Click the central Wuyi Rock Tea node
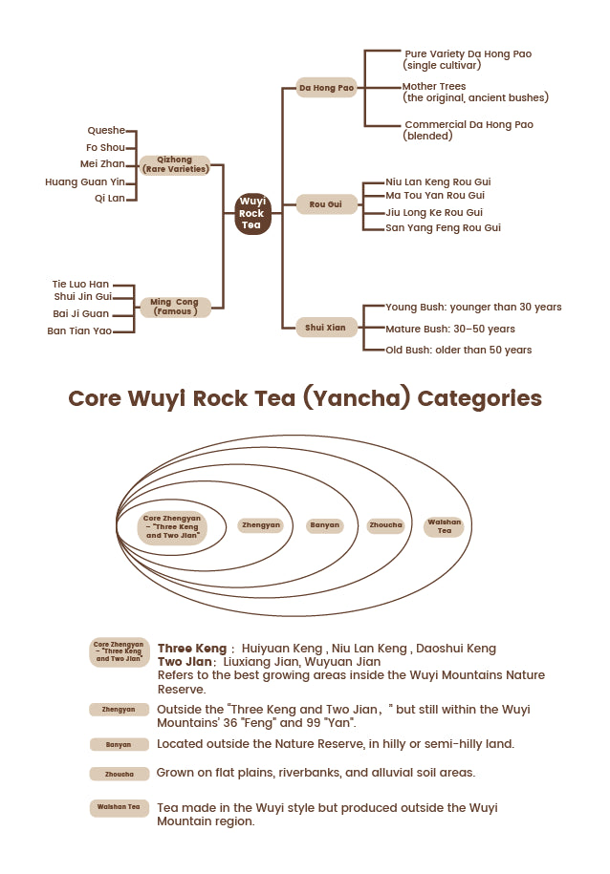tap(252, 213)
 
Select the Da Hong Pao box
tap(326, 88)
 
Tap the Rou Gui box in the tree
tap(326, 204)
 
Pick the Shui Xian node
tap(326, 328)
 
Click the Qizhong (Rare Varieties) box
tap(175, 164)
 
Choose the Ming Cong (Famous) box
tap(175, 307)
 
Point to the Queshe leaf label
tap(105, 132)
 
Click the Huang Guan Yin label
tap(85, 181)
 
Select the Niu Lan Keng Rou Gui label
tap(438, 181)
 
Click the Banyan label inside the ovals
tap(324, 525)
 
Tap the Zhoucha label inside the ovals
tap(385, 525)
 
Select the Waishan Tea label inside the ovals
tap(445, 526)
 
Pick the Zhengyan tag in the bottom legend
tap(120, 709)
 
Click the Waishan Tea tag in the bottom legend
tap(120, 807)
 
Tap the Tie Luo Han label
tap(80, 284)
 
